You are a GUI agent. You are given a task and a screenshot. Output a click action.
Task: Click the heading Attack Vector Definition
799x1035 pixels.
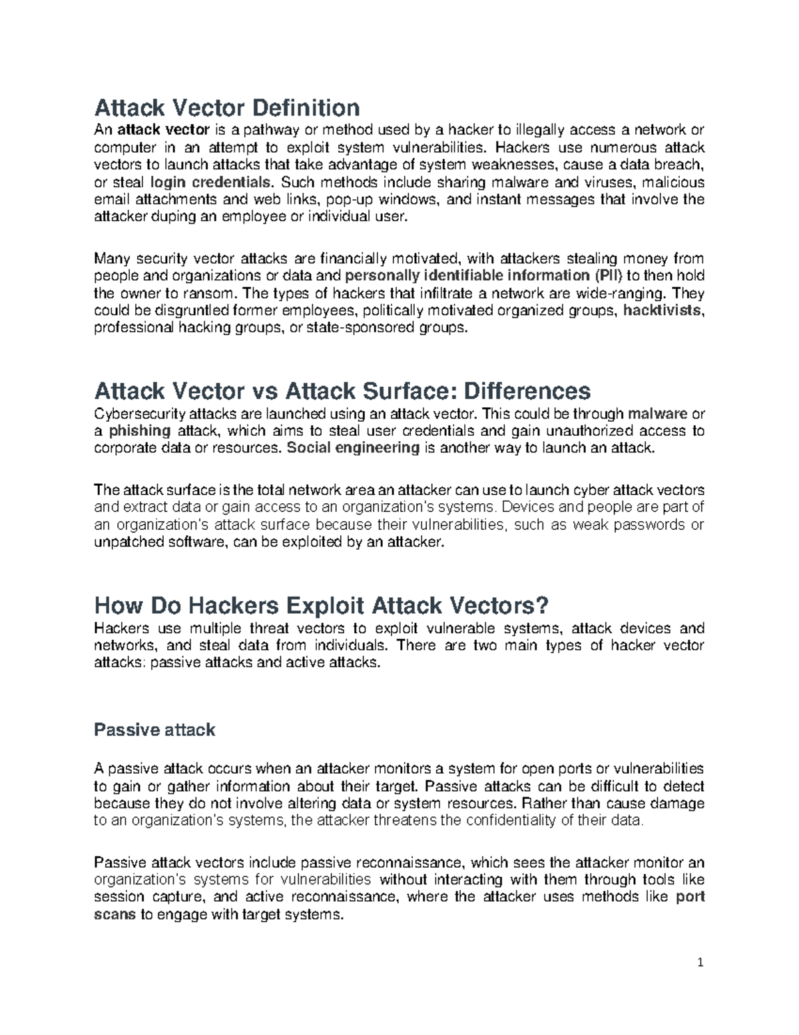coord(227,107)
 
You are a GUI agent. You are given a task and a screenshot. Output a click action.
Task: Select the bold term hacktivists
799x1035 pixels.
coord(663,311)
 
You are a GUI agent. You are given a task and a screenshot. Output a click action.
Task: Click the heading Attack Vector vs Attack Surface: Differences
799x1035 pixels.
coord(342,391)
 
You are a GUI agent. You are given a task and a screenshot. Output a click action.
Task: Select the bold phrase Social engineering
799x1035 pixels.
coord(353,448)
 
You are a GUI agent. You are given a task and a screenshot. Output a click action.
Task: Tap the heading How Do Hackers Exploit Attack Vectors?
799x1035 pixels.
coord(322,606)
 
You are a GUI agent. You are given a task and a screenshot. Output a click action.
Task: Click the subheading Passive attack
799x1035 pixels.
coord(154,730)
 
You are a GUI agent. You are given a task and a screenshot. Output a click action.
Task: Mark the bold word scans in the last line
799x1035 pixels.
coord(115,914)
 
